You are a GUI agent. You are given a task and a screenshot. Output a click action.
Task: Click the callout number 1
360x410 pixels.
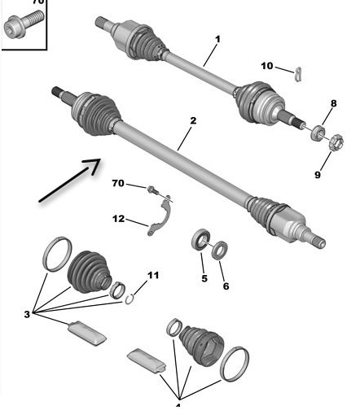coord(217,40)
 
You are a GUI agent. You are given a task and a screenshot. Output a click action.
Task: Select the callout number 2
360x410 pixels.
coord(193,120)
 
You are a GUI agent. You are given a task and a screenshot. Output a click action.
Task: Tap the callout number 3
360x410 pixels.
coord(27,315)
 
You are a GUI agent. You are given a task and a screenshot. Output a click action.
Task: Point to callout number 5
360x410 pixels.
coord(204,278)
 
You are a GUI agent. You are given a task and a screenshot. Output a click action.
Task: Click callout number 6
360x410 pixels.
coord(226,286)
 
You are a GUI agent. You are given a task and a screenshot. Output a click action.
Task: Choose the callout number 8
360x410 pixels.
coord(333,103)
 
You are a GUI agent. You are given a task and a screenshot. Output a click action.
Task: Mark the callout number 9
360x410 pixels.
coord(318,175)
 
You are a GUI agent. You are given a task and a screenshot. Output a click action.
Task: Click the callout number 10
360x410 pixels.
coord(267,66)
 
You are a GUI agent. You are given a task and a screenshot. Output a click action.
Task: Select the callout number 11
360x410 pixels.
coord(153,276)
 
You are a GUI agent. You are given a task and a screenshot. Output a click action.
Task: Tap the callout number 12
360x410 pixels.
coord(118,219)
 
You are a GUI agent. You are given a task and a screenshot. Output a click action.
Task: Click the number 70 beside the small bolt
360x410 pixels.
coord(118,183)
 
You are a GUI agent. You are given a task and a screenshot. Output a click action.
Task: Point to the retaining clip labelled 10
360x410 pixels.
coord(298,74)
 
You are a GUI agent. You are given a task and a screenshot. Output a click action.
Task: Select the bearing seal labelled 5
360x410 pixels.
coord(201,238)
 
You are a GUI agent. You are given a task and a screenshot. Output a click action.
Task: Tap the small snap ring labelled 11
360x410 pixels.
coord(130,299)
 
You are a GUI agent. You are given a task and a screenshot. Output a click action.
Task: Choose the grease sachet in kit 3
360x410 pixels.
coord(87,334)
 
